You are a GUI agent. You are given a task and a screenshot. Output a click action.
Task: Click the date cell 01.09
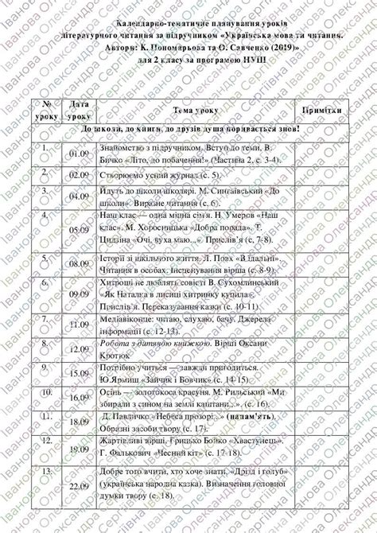pos(78,154)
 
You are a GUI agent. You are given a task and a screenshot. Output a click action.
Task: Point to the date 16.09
pos(78,396)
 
